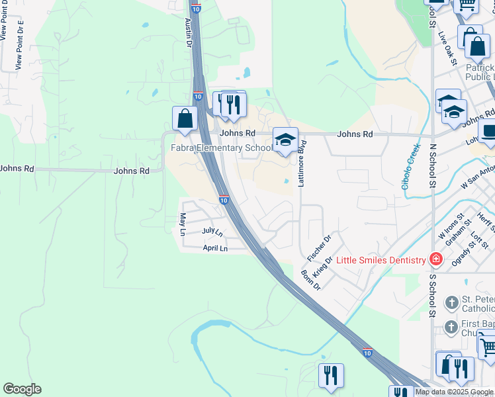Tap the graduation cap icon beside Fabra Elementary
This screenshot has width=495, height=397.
click(x=285, y=140)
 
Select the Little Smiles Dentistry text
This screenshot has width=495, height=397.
click(x=381, y=260)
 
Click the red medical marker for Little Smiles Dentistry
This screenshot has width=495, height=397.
click(x=435, y=259)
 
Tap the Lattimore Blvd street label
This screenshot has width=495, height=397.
click(x=301, y=163)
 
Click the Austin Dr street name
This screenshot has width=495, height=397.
click(x=189, y=33)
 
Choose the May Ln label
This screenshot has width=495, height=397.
click(x=183, y=224)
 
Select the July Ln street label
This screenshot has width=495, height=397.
click(x=212, y=232)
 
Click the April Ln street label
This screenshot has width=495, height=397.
click(x=215, y=248)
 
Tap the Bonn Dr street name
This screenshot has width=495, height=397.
click(x=310, y=279)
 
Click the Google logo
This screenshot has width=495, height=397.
click(x=22, y=389)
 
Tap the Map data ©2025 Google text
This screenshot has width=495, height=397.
click(x=454, y=392)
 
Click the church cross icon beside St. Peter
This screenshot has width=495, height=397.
click(x=451, y=304)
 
